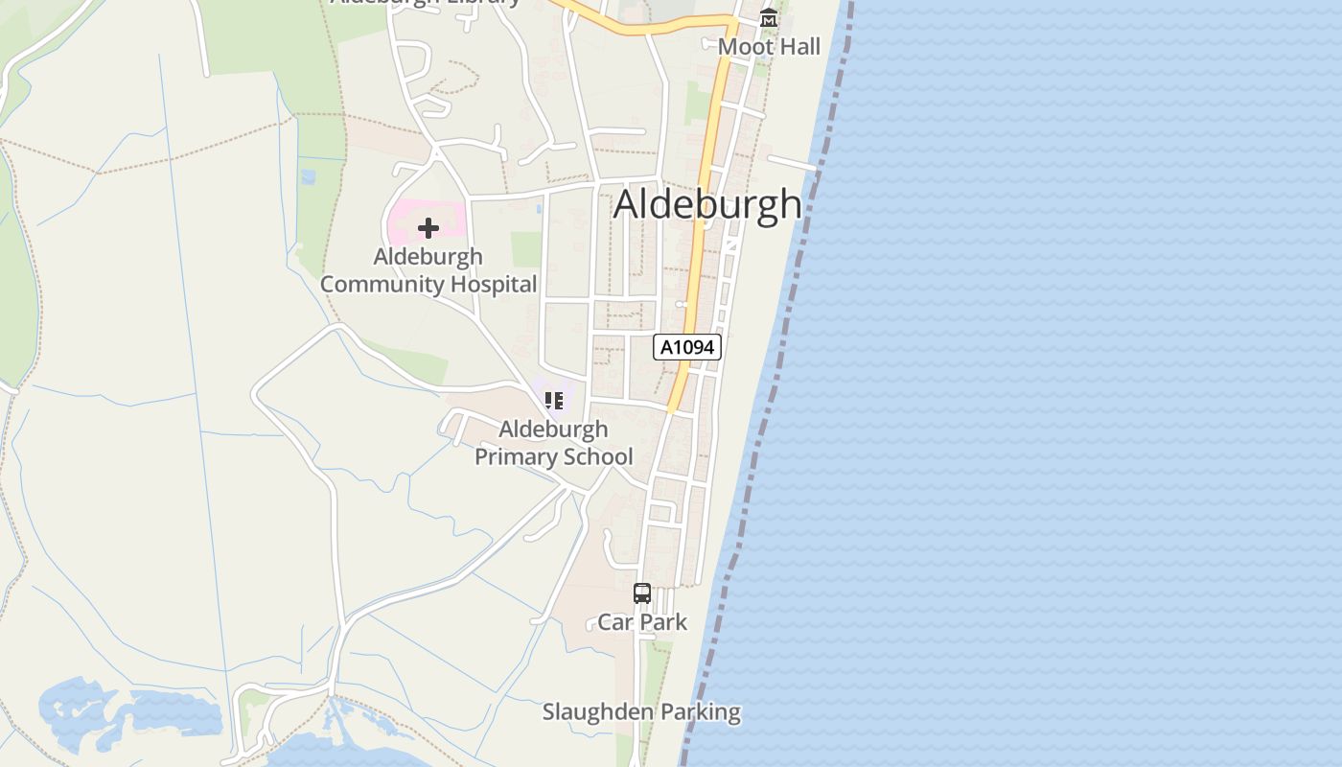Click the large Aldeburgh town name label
[x=707, y=204]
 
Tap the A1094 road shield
[x=687, y=347]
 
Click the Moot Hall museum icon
[x=768, y=18]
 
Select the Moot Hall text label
[x=769, y=46]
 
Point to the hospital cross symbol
[x=428, y=228]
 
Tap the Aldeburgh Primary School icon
[x=553, y=400]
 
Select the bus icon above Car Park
[x=642, y=593]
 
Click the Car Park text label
[x=642, y=622]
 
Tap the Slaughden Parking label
[x=641, y=712]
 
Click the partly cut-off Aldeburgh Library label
[x=426, y=3]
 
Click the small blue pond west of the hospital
[x=308, y=177]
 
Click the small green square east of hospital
[x=526, y=249]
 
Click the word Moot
[x=740, y=46]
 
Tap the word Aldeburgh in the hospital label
[x=428, y=257]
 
